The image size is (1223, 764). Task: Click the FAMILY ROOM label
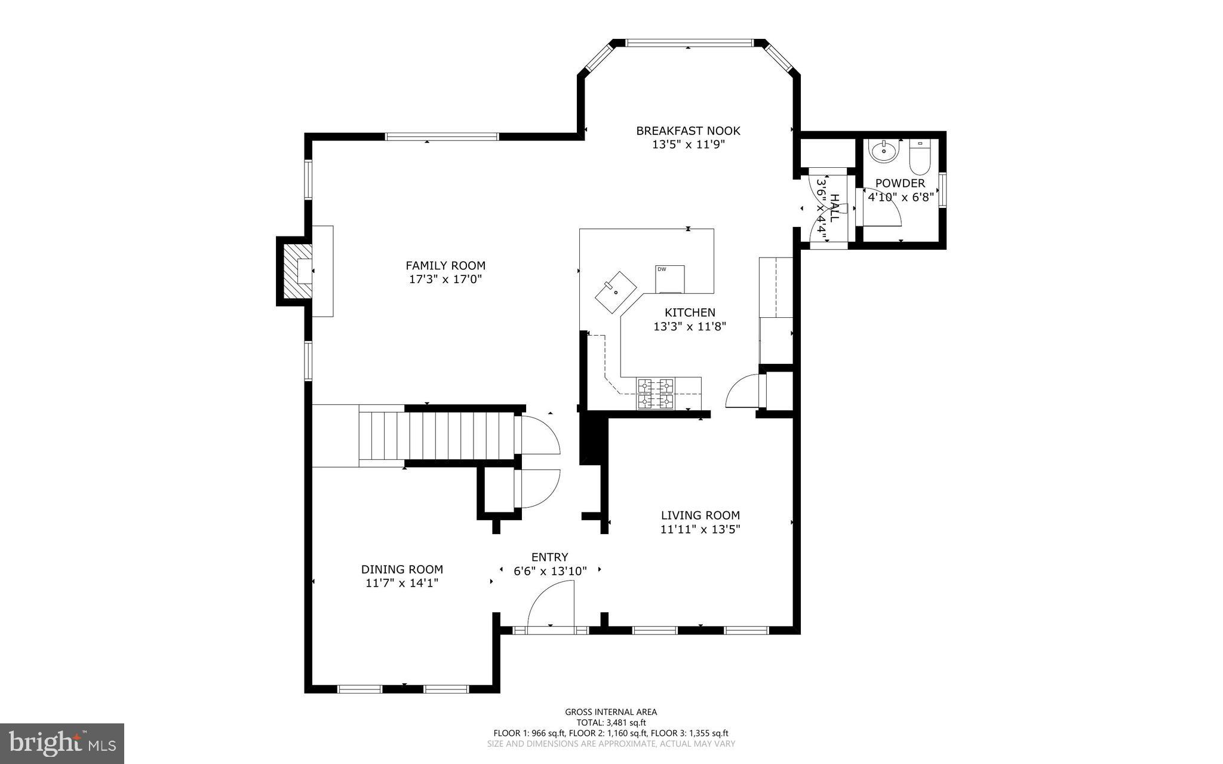point(445,265)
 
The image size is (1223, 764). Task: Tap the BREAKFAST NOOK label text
point(688,130)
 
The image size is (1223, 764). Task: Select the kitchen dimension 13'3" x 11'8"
point(690,327)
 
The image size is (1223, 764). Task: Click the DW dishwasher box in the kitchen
point(670,279)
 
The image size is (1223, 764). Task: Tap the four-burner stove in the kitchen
point(655,394)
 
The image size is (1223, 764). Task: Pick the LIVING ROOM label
point(700,515)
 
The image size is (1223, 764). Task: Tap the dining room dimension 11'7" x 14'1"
point(402,584)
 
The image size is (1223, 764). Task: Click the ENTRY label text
point(549,557)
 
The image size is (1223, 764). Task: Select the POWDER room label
point(900,183)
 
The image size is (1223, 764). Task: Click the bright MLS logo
point(62,743)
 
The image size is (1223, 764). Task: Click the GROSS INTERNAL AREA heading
point(611,711)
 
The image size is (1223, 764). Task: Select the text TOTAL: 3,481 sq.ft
point(611,722)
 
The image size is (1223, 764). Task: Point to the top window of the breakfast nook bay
point(689,43)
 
